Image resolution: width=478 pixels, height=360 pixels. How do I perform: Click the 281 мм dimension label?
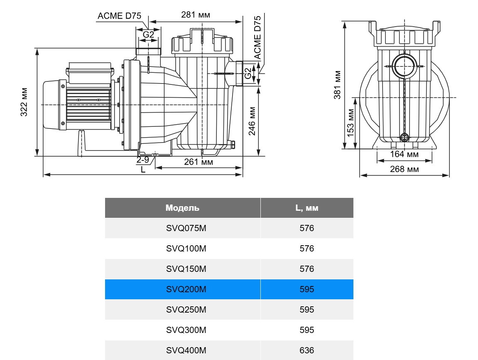click(196, 15)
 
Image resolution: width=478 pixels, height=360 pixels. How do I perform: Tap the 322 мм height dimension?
click(25, 102)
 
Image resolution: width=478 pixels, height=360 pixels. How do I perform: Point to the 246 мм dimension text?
click(252, 121)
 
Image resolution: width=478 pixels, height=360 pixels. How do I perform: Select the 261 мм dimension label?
click(199, 162)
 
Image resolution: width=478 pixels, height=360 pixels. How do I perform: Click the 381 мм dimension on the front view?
click(338, 84)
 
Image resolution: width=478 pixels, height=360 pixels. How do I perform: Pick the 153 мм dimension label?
click(351, 123)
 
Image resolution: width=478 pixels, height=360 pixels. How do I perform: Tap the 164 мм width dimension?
click(404, 155)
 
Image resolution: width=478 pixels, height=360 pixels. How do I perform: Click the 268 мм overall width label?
click(404, 169)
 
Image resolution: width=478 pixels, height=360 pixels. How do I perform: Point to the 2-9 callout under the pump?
click(143, 160)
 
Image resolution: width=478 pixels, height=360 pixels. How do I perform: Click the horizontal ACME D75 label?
click(119, 16)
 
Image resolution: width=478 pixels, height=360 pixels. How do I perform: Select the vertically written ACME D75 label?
click(257, 37)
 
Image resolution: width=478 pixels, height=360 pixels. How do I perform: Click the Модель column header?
click(182, 208)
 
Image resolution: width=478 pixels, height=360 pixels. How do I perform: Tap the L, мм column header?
click(307, 208)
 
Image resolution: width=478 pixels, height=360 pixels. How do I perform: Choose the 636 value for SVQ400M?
click(307, 350)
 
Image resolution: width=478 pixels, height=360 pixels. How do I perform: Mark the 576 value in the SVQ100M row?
click(307, 249)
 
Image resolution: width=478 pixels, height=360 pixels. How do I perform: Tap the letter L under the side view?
click(143, 170)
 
